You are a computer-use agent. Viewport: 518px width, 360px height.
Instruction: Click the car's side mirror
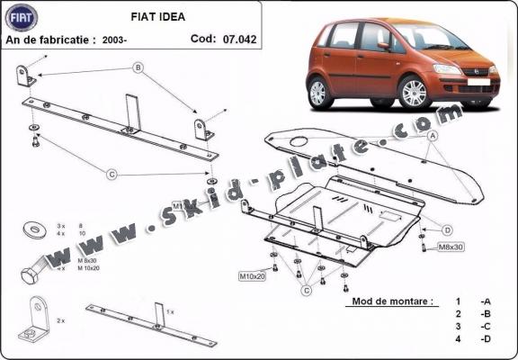[384, 45]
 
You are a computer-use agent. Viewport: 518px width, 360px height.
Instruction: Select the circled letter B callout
[138, 68]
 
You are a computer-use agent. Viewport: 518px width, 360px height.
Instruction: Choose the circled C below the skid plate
[307, 289]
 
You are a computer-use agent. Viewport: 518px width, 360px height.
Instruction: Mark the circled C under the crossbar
[112, 174]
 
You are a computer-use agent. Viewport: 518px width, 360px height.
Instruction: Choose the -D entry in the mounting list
[485, 338]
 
